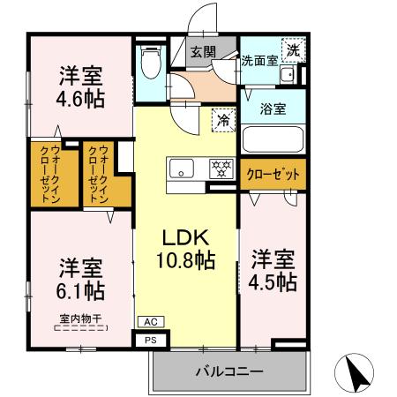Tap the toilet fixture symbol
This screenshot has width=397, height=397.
point(150,61)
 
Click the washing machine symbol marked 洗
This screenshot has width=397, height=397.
point(292,49)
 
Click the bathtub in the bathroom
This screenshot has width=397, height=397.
point(273,139)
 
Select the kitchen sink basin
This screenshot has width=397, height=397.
point(183,168)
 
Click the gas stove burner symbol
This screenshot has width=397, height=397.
point(220,167)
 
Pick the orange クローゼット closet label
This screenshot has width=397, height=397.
point(273,175)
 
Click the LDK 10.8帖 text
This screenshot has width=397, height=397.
point(185,249)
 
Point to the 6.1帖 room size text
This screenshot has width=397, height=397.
point(81,289)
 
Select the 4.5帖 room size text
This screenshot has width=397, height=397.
point(273,282)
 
